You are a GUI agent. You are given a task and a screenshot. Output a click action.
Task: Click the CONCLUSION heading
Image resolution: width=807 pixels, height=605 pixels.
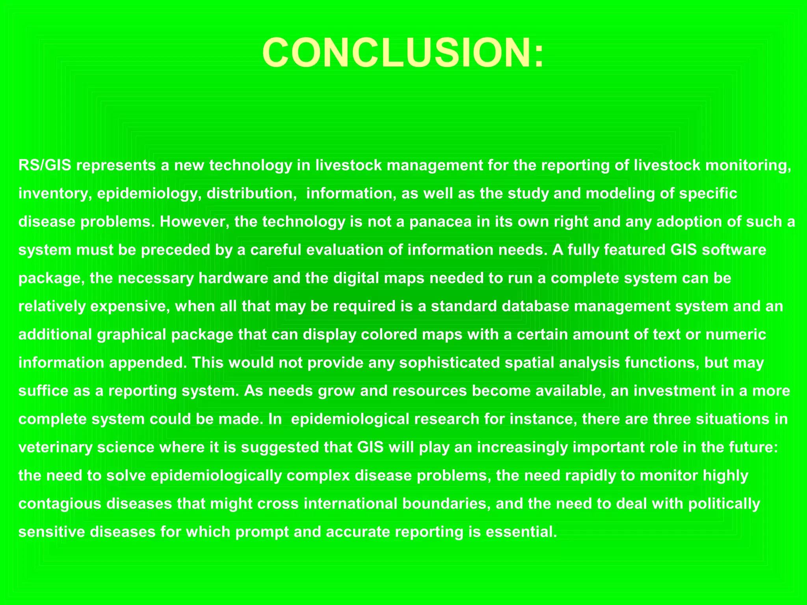pyautogui.click(x=403, y=53)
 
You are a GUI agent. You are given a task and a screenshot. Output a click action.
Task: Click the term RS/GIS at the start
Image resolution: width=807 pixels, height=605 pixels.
pyautogui.click(x=45, y=165)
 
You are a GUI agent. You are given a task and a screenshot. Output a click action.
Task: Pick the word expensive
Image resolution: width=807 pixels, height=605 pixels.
pyautogui.click(x=130, y=306)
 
